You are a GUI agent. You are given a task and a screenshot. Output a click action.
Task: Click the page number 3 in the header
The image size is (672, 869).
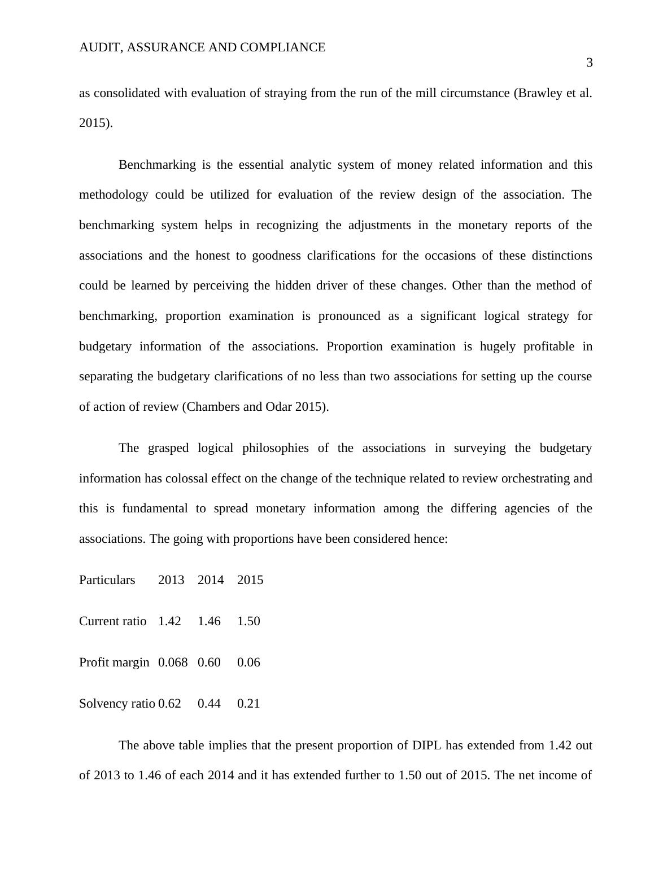click(590, 63)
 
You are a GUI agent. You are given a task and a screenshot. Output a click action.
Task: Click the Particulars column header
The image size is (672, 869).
click(107, 580)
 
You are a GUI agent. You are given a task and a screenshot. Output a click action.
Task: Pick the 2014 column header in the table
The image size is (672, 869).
click(211, 580)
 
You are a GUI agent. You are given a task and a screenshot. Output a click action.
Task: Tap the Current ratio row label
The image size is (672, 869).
click(112, 621)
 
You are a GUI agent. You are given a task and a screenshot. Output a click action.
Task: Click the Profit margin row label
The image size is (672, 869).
click(114, 662)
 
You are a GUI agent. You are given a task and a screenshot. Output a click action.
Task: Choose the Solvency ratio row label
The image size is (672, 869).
click(117, 704)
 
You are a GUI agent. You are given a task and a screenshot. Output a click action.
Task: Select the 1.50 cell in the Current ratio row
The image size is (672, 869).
click(248, 621)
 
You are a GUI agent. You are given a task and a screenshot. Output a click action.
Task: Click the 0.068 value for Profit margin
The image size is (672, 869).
click(173, 662)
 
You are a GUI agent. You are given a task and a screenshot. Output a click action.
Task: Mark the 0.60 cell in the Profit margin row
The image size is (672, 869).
click(209, 662)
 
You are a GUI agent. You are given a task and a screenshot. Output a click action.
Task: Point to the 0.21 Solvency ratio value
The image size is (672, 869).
click(248, 704)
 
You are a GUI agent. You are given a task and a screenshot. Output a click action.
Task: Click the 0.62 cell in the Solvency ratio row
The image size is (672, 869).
click(169, 704)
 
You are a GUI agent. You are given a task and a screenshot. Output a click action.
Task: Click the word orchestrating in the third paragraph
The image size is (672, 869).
click(531, 479)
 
